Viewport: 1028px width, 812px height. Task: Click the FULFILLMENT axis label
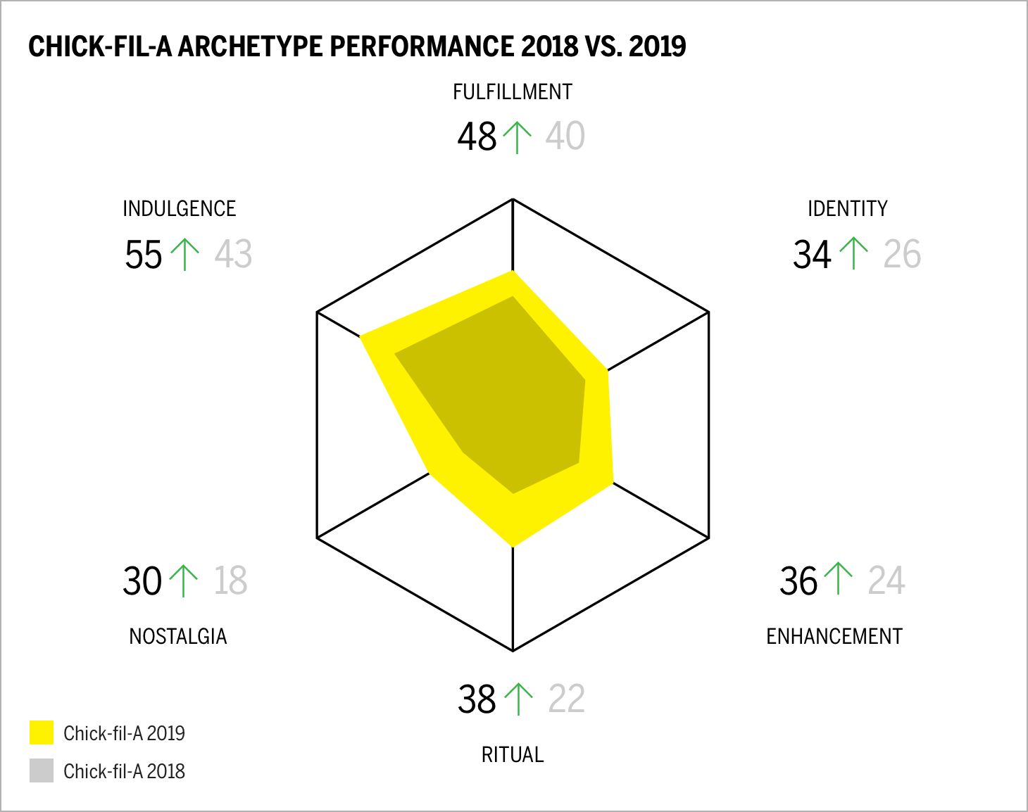click(512, 92)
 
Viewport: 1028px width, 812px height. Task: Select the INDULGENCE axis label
click(179, 209)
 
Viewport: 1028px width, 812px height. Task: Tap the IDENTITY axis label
click(847, 209)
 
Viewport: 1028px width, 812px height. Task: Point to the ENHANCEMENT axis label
click(834, 636)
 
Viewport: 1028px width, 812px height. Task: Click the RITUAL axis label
click(512, 754)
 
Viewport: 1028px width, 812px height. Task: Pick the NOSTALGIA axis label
click(177, 636)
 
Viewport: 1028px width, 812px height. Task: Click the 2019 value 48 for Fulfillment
click(477, 137)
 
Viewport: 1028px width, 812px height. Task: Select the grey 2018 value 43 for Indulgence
click(233, 254)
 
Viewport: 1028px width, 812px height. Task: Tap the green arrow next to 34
click(854, 254)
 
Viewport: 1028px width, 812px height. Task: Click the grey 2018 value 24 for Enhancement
click(886, 581)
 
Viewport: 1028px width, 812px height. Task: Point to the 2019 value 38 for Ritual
click(477, 699)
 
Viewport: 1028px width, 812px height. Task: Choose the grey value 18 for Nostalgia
click(230, 581)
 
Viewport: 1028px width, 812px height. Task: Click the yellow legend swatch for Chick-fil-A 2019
click(42, 732)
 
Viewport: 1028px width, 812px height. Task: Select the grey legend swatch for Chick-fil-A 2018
click(42, 770)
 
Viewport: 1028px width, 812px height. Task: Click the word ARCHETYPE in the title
click(250, 46)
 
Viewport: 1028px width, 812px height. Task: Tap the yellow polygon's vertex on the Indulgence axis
click(361, 337)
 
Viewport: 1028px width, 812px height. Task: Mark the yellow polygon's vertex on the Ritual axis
click(513, 546)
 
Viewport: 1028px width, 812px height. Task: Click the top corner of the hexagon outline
click(513, 199)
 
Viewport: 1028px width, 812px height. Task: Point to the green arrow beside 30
click(184, 581)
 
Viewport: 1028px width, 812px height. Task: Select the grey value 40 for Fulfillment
click(565, 137)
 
